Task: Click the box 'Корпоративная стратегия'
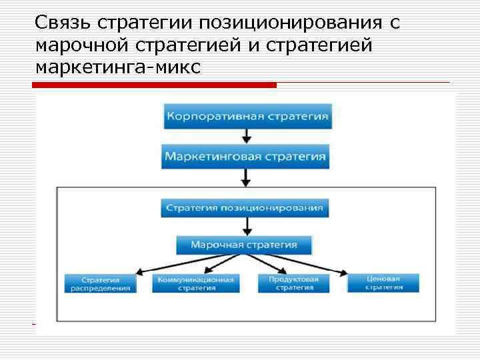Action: (x=247, y=116)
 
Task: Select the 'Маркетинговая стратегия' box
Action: (x=246, y=157)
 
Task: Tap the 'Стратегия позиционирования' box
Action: (x=245, y=207)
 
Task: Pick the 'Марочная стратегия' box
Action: (x=244, y=245)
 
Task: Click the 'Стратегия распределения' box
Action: (x=100, y=283)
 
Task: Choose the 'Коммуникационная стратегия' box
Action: (x=195, y=283)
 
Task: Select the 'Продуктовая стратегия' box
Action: (x=294, y=283)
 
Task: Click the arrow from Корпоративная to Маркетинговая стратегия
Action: (x=247, y=136)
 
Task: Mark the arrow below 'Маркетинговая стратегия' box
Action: (x=246, y=177)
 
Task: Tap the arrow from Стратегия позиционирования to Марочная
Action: (x=245, y=226)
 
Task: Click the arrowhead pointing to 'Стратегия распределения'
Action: (x=139, y=272)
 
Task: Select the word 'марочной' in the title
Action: (x=74, y=46)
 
